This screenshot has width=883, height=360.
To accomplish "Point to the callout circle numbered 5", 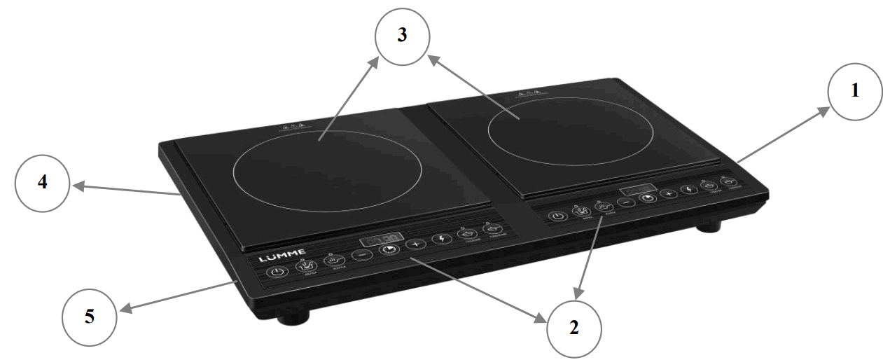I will (x=90, y=317).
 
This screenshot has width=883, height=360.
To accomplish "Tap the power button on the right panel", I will (x=557, y=216).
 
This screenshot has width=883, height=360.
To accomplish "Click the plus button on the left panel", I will (x=416, y=244).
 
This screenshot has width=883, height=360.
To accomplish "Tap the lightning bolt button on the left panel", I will (x=441, y=239).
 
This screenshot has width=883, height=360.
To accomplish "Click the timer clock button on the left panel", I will (x=389, y=249).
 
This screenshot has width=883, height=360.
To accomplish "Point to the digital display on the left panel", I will (x=382, y=240).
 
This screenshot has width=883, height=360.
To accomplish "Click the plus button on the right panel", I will (x=669, y=193).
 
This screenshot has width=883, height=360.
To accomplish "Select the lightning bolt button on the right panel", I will (x=690, y=189).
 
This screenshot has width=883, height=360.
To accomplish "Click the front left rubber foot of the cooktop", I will (x=293, y=319).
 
